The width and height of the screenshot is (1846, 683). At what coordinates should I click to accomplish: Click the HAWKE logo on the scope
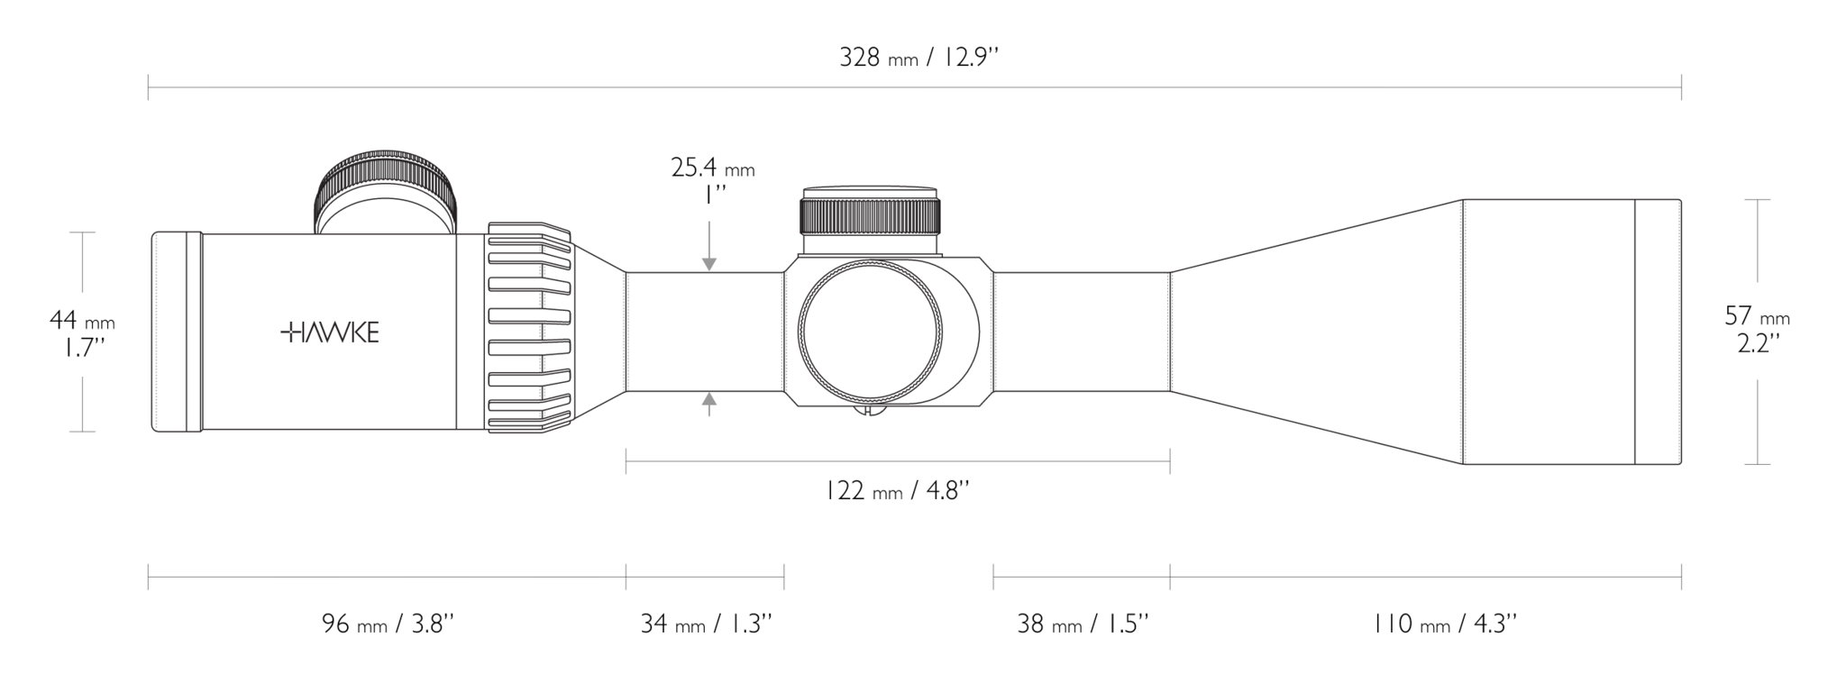330,332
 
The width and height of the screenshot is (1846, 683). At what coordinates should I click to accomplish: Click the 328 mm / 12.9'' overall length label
919,58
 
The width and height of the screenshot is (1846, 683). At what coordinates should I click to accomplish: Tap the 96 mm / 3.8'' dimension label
388,624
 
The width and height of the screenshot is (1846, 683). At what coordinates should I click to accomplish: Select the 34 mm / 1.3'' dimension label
706,624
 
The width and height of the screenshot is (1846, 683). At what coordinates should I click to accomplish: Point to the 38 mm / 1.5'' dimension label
1083,624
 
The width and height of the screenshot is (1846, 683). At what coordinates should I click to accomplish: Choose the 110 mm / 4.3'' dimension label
1445,624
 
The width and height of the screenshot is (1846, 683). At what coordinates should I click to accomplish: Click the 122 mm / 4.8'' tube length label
897,491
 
